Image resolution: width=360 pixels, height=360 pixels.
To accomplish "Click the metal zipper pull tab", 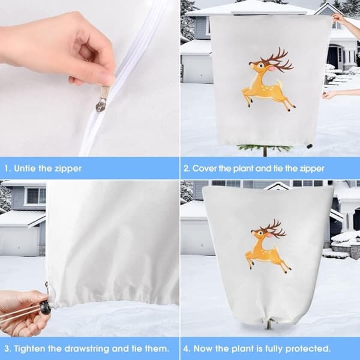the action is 102,99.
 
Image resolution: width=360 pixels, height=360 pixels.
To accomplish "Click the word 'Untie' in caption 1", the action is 25,168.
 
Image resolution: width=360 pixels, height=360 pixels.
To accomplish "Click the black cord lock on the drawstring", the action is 45,307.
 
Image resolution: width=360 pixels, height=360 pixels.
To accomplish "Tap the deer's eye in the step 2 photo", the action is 260,65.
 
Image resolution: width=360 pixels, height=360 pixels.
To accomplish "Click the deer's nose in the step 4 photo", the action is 252,231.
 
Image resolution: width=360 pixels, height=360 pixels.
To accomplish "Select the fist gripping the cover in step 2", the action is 329,95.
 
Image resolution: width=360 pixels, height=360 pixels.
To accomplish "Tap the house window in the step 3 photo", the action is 36,196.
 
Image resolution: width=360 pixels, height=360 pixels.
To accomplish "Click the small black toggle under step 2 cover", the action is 310,146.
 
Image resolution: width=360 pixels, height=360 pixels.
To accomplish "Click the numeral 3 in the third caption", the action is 7,349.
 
